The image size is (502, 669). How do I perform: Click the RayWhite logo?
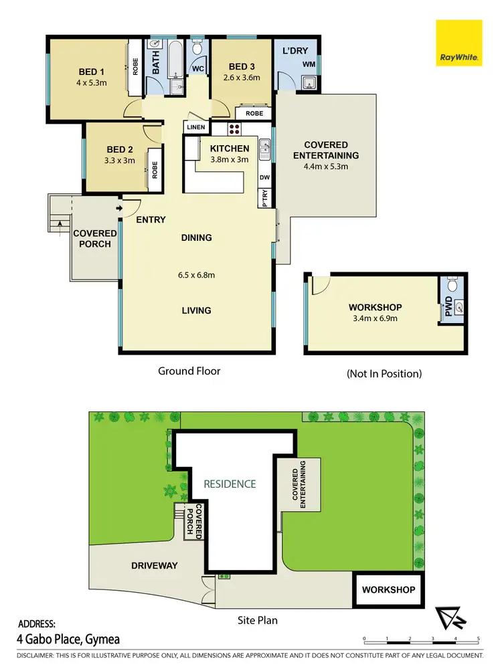[458, 43]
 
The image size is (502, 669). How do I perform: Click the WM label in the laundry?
[309, 64]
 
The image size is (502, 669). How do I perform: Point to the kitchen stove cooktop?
[236, 129]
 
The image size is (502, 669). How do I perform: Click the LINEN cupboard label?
[196, 127]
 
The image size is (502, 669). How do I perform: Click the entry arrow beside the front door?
[119, 209]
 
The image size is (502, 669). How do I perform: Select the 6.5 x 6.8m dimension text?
[196, 274]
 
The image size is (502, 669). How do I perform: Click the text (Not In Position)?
[384, 374]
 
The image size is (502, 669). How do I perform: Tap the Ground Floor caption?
[189, 371]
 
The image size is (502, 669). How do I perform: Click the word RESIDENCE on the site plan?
[230, 484]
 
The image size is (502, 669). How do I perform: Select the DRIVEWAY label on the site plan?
[155, 565]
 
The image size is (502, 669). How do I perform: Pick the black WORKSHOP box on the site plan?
[388, 589]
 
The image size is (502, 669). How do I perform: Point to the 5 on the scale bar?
[478, 640]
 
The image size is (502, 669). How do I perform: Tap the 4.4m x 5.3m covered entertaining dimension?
[326, 167]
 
